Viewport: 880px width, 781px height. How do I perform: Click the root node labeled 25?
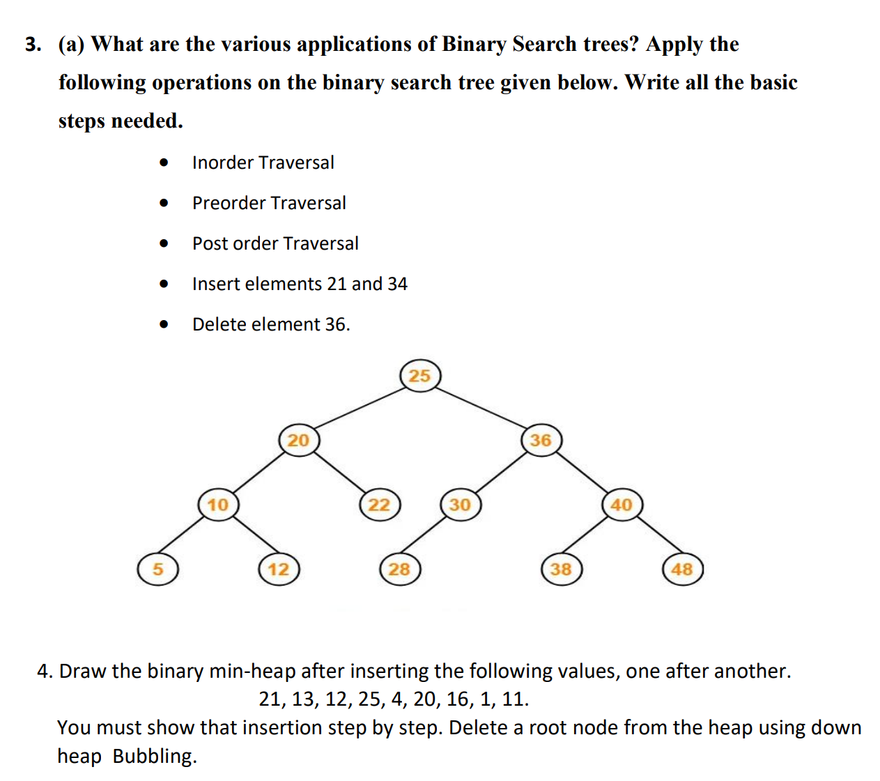tap(420, 376)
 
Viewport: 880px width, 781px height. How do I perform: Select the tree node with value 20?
tap(299, 440)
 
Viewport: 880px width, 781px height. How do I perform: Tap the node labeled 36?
tap(541, 440)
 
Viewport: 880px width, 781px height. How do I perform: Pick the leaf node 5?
tap(157, 569)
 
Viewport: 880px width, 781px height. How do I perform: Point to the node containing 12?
tap(279, 569)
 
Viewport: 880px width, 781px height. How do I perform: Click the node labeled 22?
tap(380, 504)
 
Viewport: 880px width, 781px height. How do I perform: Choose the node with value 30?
tap(461, 504)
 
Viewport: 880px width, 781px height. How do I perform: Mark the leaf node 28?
tap(400, 569)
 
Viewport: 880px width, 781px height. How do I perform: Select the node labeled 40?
tap(622, 504)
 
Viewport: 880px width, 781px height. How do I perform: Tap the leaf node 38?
tap(562, 569)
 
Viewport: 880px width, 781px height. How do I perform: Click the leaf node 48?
tap(682, 569)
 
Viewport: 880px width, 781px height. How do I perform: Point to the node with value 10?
tap(218, 504)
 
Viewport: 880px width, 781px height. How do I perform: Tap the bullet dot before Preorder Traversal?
tap(164, 203)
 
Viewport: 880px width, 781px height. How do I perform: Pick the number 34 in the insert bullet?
tap(397, 284)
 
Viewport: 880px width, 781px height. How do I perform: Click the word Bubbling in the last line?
tap(155, 756)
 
